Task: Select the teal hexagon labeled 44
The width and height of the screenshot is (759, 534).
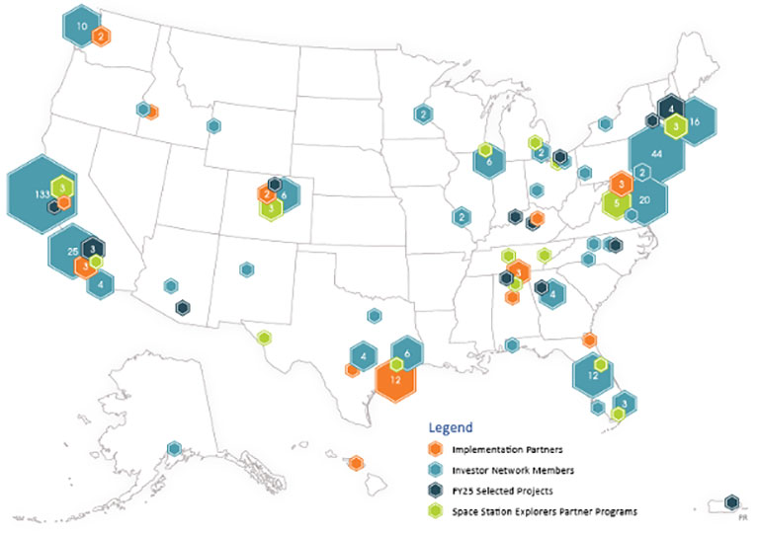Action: coord(657,153)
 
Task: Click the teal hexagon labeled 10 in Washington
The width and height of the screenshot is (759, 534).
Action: coord(81,25)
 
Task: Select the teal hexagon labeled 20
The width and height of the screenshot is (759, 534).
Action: coord(644,199)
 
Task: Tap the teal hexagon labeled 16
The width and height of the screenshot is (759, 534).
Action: coord(696,120)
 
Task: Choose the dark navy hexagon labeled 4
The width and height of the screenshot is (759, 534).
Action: coord(672,107)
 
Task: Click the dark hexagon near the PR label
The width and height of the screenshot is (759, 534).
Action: coord(731,502)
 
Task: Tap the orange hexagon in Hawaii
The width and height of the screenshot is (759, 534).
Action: coord(355,462)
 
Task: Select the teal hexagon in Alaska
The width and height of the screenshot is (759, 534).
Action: coord(174,449)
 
